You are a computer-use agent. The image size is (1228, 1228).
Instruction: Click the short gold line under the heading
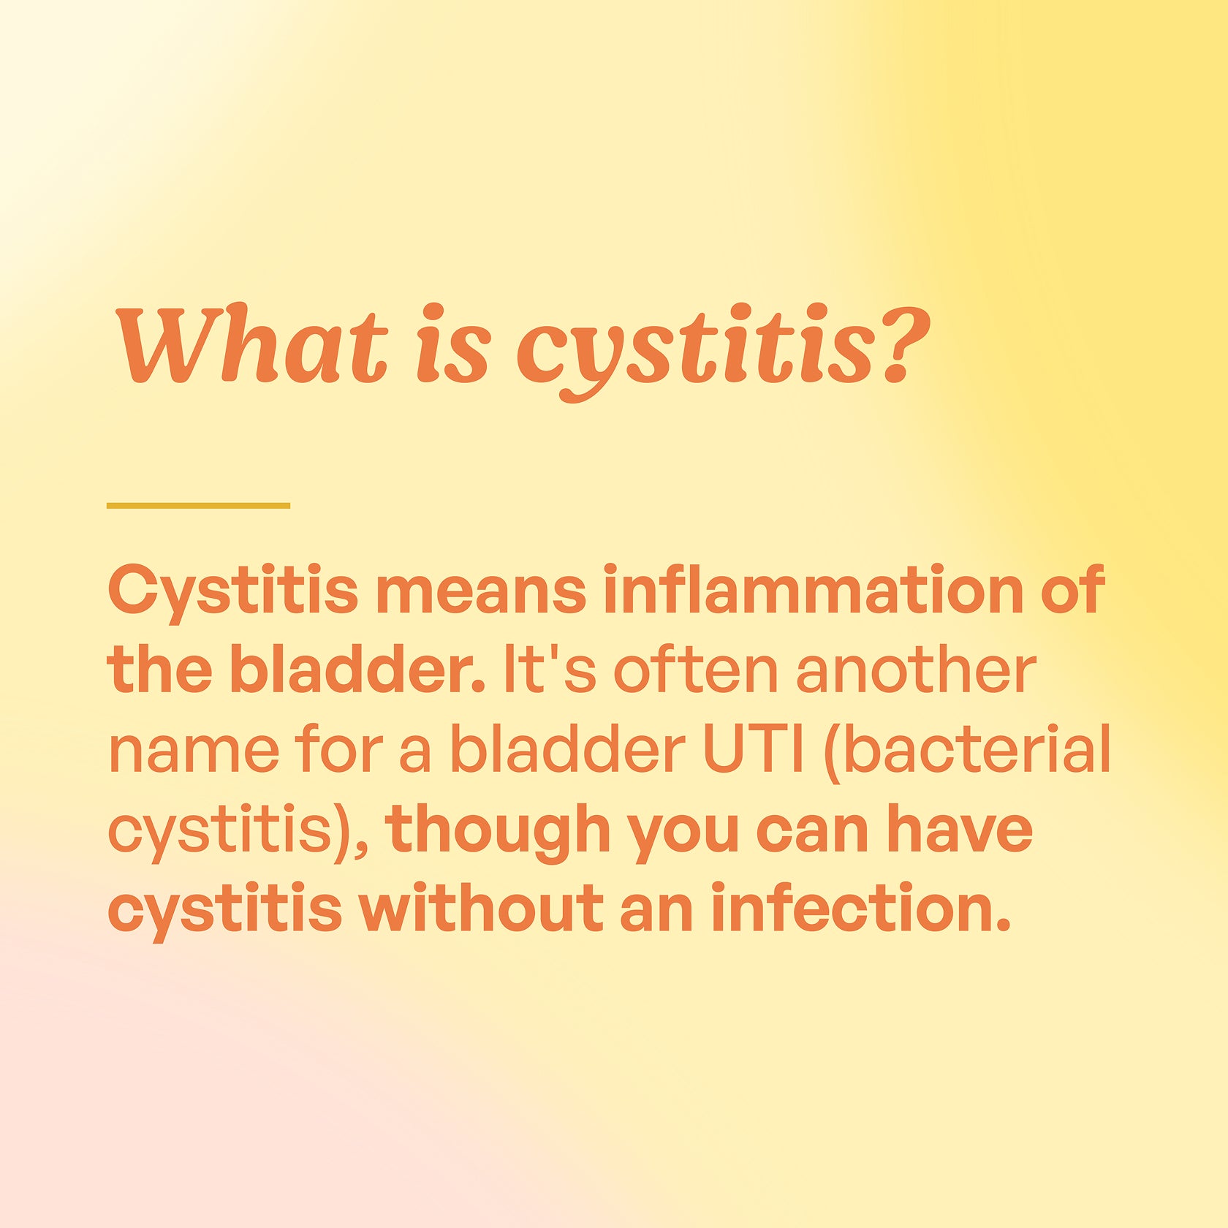point(198,505)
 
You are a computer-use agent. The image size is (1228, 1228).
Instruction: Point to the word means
point(480,591)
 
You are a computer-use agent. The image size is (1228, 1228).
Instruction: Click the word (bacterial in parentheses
point(967,750)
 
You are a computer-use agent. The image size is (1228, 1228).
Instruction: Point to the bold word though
point(499,830)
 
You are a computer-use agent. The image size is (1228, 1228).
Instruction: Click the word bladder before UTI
point(567,748)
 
